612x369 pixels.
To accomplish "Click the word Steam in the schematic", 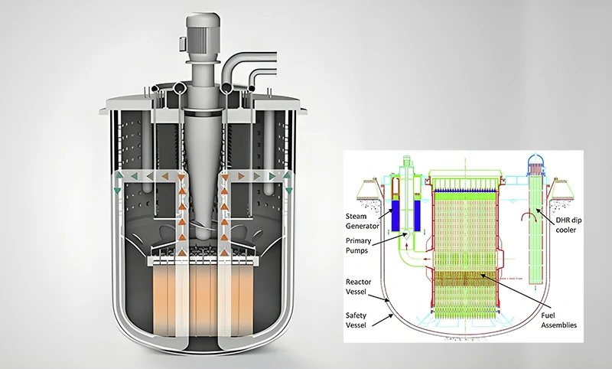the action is [356, 217].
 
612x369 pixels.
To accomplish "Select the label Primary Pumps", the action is [358, 246].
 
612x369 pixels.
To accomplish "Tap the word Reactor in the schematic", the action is [358, 282].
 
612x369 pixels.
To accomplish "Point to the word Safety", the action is [356, 315].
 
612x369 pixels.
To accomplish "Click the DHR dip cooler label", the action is [568, 225].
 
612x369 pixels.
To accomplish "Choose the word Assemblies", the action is [558, 325].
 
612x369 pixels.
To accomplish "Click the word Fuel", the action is [548, 315].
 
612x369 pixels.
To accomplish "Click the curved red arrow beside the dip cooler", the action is [529, 217].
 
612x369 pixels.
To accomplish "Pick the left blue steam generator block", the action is [396, 215].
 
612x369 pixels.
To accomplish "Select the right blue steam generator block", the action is [417, 215].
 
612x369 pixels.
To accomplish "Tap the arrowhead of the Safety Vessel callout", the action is [392, 316].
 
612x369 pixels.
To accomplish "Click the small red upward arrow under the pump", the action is [406, 246].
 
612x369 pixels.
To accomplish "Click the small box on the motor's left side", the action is [182, 43].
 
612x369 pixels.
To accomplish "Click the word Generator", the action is [362, 226].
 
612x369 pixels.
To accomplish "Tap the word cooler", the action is [565, 230].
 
